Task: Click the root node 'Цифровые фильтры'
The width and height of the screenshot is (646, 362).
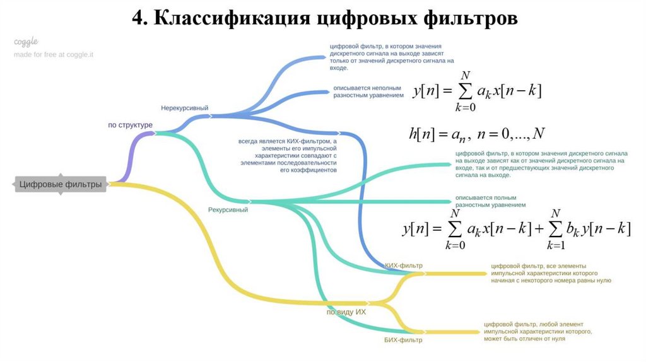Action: tap(61, 185)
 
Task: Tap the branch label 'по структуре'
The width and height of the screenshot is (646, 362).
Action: tap(131, 125)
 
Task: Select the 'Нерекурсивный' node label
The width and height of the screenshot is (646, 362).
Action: tap(184, 108)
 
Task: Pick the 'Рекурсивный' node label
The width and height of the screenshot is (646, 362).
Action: tap(228, 209)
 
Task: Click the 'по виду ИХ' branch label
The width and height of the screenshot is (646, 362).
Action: tap(346, 312)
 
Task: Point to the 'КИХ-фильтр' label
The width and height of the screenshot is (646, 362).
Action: tap(404, 266)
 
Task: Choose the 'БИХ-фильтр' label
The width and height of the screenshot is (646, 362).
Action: tap(403, 340)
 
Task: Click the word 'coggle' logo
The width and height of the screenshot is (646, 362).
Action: tap(26, 42)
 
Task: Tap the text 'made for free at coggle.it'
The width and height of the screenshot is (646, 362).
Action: tap(54, 55)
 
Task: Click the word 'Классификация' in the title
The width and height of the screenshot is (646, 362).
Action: tap(228, 18)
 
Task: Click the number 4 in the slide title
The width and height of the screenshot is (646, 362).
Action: tap(138, 18)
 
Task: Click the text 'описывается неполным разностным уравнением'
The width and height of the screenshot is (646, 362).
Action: tap(368, 91)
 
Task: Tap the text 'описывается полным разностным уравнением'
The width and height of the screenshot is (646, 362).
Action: tap(490, 202)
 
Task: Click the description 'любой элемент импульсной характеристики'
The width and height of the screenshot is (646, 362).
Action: tap(538, 331)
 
